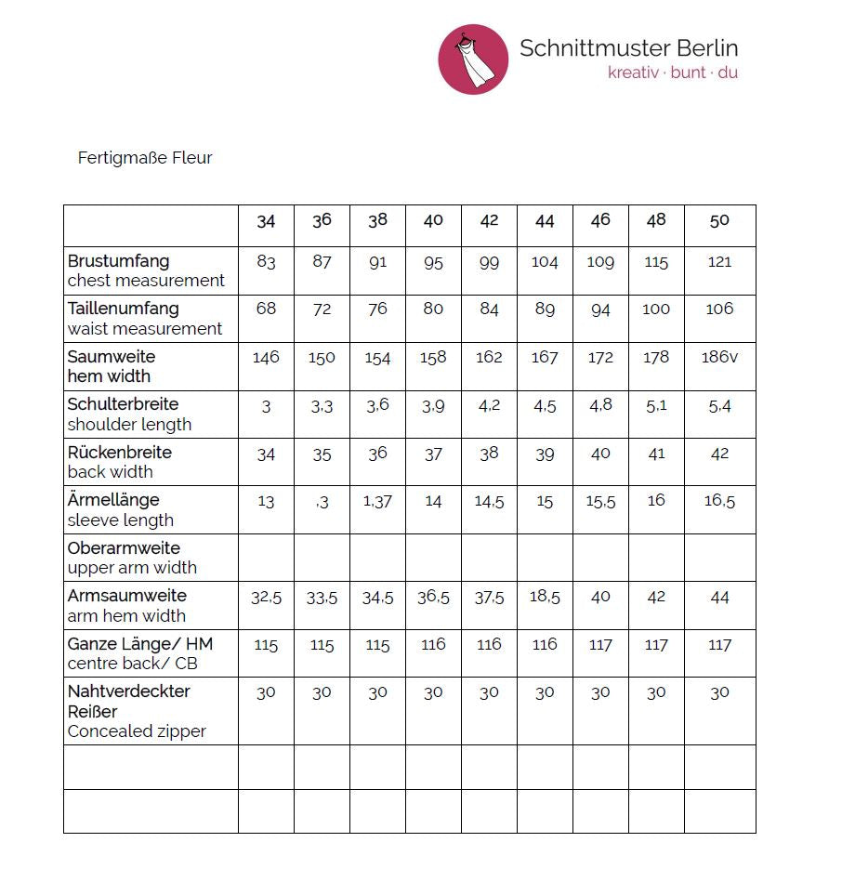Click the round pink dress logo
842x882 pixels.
473,59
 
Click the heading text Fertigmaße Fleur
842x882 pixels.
145,158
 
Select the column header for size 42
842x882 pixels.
489,220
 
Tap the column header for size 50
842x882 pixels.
719,220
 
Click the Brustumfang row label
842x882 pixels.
118,261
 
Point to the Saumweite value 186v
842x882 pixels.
719,357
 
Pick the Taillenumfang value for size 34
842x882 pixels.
266,309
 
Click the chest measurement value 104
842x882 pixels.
545,262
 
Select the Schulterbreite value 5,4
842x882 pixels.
719,406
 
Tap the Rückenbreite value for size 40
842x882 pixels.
433,454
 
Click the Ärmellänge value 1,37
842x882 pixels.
377,502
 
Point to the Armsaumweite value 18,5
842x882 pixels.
545,598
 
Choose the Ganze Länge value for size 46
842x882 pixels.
600,645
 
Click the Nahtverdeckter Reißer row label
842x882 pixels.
128,702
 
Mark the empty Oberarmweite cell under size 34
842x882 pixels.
266,558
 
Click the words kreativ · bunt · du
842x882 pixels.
672,72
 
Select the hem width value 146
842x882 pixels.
266,358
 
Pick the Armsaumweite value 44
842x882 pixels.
719,598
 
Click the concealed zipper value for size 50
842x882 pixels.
719,692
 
